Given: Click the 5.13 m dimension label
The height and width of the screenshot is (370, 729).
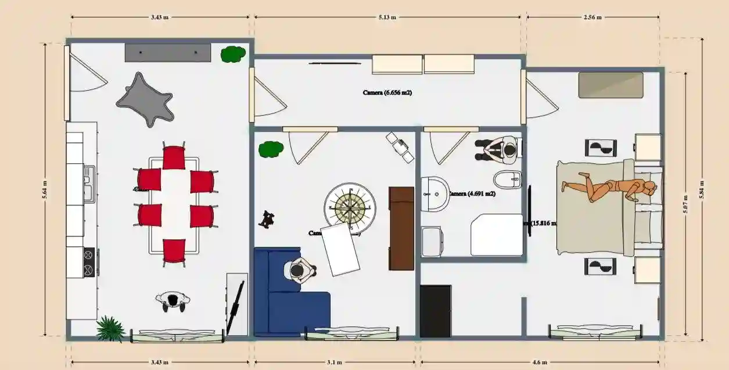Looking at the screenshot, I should pos(387,17).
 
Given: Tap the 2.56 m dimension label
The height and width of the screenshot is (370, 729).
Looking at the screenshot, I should pos(592,17).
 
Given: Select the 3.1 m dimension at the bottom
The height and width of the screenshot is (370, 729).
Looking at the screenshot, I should pos(334,362).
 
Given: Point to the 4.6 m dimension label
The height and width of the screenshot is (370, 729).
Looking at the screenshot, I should pos(540,362).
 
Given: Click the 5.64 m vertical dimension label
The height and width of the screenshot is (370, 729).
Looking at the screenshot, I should pos(45,189).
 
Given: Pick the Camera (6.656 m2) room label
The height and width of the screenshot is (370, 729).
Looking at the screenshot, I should pos(387,92).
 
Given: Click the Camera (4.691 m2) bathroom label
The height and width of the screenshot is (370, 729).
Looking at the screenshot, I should pos(472,193).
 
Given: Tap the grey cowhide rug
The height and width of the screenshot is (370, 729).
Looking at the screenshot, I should pos(146,100).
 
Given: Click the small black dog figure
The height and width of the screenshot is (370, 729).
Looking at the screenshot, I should pos(267,218).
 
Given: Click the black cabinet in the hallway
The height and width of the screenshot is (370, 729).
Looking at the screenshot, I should pos(435,311).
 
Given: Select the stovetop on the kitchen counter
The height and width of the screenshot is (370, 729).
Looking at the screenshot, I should pos(89,263).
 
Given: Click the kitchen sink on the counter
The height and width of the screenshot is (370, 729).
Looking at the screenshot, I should pos(88,184).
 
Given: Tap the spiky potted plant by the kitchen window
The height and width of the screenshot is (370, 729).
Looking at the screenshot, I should pos(110,329).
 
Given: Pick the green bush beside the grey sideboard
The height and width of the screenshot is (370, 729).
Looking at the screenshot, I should pos(232,55).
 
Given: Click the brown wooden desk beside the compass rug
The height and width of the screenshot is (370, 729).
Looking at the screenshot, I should pos(401,228).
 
